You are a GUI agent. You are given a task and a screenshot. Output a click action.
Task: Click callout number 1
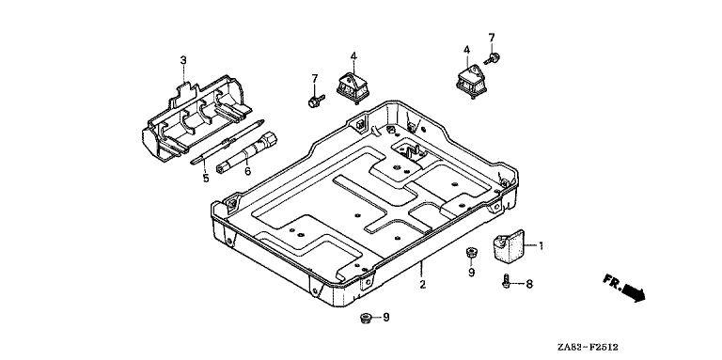click(541, 246)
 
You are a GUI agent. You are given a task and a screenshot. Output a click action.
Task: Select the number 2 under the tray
click(423, 285)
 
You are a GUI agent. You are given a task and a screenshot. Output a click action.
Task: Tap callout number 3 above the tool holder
click(183, 60)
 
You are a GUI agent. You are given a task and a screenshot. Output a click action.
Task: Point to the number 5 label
click(206, 178)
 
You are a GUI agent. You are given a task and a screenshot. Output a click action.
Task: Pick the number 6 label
click(248, 171)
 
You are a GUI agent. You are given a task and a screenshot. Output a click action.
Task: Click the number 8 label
click(529, 284)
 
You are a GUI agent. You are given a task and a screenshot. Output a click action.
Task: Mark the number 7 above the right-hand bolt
click(492, 38)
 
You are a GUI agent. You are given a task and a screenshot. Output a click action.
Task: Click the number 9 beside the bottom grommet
click(386, 317)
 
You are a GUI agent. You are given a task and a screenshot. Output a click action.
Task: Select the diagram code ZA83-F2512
click(587, 347)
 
